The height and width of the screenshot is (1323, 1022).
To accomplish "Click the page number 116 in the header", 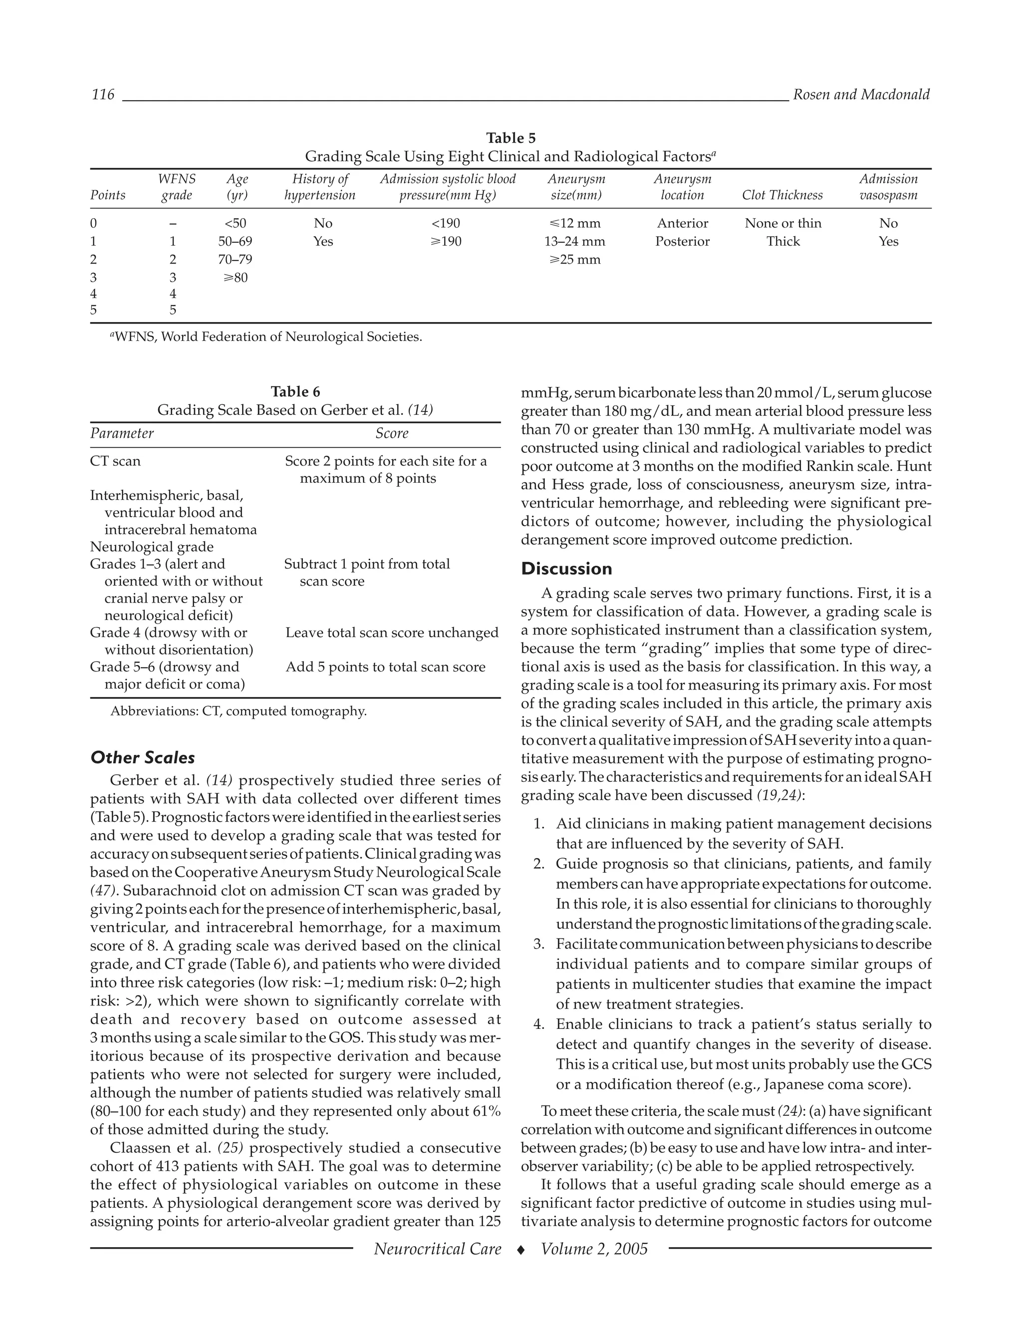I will (102, 94).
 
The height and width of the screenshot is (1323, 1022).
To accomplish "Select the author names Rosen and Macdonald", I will (860, 94).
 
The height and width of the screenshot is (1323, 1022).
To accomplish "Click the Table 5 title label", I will (511, 138).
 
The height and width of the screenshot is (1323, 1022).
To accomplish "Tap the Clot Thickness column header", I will (782, 195).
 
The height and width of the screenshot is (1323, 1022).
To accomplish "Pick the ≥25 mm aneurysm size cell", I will (574, 260).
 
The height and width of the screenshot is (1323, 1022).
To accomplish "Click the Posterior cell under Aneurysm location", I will (682, 242).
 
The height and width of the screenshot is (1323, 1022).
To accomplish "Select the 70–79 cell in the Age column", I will (235, 260).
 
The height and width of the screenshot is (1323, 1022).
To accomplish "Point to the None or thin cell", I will (782, 224).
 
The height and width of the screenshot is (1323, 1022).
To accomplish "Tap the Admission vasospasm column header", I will (888, 187).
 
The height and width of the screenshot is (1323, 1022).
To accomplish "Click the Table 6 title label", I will (295, 391).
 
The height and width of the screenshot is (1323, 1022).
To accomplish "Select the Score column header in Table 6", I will (391, 434).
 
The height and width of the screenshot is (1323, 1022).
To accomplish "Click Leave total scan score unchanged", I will (392, 633).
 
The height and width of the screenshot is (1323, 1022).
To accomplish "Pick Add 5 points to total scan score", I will (385, 667).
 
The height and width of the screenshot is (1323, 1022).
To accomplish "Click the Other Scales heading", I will (142, 758).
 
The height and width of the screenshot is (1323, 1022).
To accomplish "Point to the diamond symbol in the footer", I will (520, 1250).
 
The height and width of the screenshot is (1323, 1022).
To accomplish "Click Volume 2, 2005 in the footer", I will (594, 1249).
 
